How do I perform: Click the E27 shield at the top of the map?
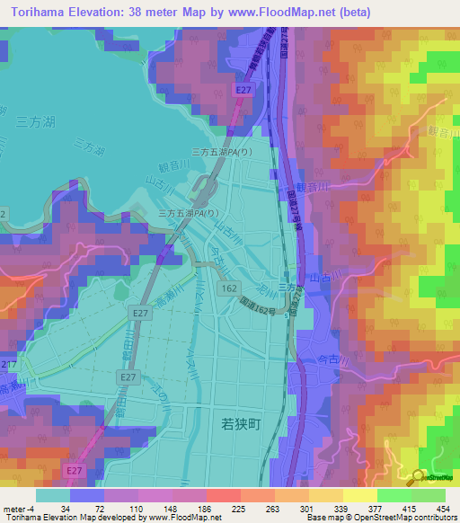(243, 90)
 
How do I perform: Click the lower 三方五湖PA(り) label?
(189, 214)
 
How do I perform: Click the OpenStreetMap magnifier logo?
(419, 476)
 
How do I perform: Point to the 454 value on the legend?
(443, 509)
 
